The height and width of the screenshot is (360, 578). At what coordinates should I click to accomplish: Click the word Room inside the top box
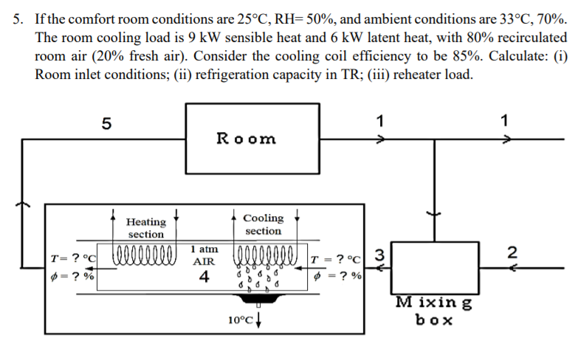(246, 138)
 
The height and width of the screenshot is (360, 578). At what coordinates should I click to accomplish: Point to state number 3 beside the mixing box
(379, 255)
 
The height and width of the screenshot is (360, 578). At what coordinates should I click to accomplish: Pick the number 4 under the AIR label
(204, 277)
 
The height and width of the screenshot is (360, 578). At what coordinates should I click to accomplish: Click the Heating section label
(146, 227)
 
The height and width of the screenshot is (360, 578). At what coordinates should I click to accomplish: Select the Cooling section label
(263, 224)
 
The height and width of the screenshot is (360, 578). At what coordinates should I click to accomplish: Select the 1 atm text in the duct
(204, 250)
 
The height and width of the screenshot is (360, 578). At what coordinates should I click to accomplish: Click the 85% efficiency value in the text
(458, 58)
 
